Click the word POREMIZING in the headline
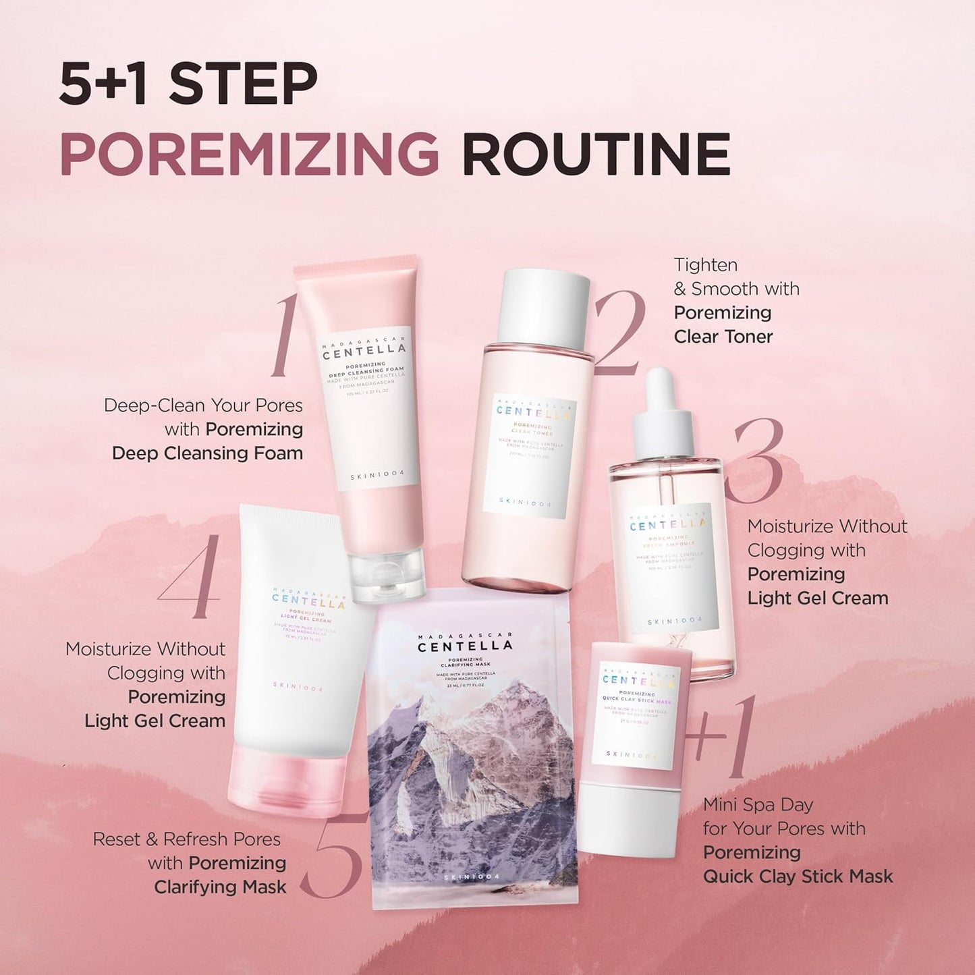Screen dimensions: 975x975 coord(250,155)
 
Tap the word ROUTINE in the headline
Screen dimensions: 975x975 coord(596,155)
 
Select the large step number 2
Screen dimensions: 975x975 coord(619,333)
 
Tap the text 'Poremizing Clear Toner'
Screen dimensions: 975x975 coord(723,325)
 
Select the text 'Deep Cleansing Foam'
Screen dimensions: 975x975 coord(207,453)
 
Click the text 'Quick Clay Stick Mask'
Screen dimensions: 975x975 coord(798,876)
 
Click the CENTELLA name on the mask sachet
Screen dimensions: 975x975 coord(465,646)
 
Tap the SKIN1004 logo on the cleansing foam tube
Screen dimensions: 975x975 coord(377,474)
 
